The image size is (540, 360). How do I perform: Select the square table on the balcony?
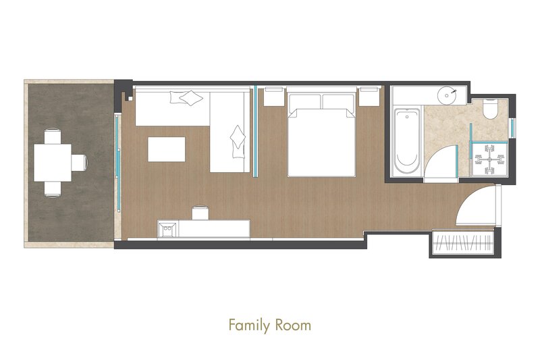pos(53,163)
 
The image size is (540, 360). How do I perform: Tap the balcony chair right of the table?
pos(80,163)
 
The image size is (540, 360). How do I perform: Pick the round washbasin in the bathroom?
pos(448,93)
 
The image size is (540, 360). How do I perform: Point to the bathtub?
pos(407,142)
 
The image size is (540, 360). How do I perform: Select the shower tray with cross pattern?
pos(489,159)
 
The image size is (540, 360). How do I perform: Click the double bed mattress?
pos(321,143)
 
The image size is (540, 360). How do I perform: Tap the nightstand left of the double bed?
pos(274,97)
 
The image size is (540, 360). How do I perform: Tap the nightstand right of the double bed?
pos(369,97)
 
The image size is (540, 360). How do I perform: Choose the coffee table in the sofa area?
pos(166,149)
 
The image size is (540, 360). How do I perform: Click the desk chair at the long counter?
pos(200,213)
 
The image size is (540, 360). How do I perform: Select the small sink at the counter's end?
pos(167,228)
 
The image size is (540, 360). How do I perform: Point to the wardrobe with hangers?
pos(462,243)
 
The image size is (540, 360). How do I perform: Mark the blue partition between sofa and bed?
pos(255,131)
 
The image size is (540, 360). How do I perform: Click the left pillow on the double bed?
pos(304,102)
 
